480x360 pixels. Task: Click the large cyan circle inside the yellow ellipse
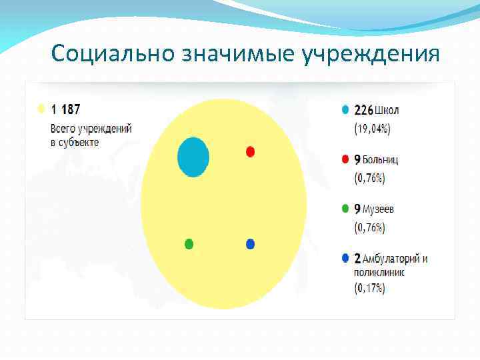click(193, 157)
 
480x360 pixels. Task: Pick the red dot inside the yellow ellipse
click(250, 151)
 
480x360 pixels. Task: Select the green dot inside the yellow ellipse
click(189, 244)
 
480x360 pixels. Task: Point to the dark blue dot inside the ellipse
click(250, 244)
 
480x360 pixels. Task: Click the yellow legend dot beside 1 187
click(41, 108)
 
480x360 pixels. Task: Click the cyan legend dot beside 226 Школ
click(344, 109)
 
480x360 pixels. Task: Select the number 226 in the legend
click(363, 109)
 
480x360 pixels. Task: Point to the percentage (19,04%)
click(371, 129)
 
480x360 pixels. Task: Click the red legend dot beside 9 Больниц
click(344, 159)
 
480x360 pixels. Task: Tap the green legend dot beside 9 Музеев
click(344, 209)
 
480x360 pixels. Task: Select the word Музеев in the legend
click(379, 209)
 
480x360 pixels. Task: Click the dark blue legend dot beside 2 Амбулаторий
click(344, 258)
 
